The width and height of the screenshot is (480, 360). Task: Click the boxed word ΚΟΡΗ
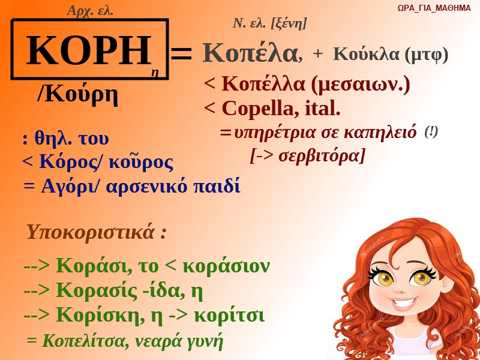(89, 50)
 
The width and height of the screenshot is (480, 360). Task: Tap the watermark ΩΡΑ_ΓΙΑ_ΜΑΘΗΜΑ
(434, 8)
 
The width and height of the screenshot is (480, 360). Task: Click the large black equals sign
(181, 53)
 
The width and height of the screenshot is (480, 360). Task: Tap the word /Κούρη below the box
(77, 95)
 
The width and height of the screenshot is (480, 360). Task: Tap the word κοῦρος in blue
(141, 162)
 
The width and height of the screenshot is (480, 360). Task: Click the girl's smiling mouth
(404, 303)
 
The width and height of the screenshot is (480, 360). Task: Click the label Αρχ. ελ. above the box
(90, 11)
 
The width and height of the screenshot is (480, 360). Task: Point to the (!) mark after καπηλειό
(431, 132)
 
